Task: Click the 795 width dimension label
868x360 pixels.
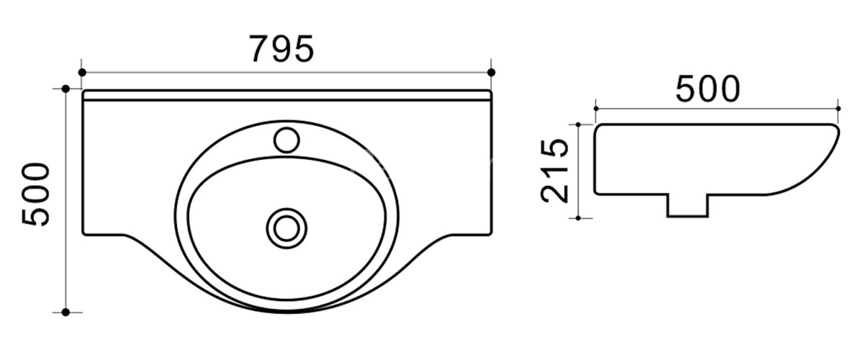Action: [281, 48]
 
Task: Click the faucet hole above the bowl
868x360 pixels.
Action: [287, 140]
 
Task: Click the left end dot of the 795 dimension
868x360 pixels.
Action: [82, 72]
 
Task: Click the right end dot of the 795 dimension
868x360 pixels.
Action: [492, 72]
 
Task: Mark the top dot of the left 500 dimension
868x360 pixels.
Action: [65, 89]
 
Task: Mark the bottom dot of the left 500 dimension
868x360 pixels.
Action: [65, 312]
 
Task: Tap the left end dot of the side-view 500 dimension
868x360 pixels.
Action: [596, 109]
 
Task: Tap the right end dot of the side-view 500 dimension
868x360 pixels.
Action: [839, 109]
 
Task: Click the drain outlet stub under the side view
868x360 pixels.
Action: [687, 205]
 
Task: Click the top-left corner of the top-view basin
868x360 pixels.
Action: [83, 92]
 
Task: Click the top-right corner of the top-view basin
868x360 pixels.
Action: [490, 92]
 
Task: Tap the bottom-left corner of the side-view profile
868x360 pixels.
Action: [597, 192]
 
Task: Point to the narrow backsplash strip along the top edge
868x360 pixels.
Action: [286, 96]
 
